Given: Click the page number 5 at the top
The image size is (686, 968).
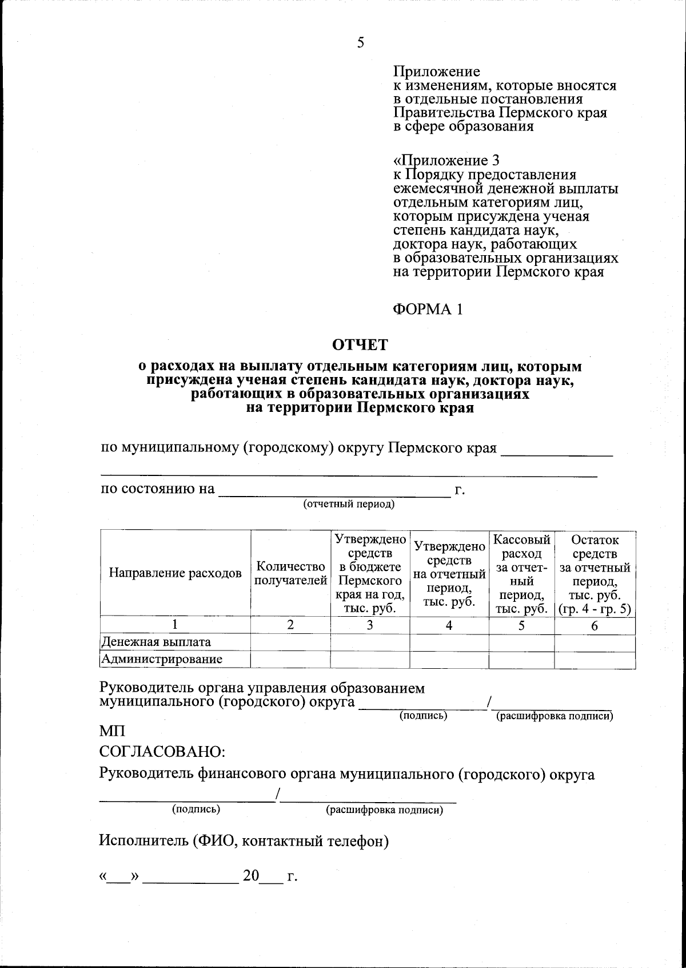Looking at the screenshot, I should (x=360, y=43).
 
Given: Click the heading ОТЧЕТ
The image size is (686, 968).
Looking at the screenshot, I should (x=360, y=345).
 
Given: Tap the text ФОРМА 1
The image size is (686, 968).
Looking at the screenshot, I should (x=428, y=310).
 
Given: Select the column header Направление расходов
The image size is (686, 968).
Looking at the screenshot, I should (x=175, y=573).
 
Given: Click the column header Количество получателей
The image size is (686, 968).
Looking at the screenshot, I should (x=290, y=573).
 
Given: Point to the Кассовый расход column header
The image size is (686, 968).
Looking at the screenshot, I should (x=521, y=573).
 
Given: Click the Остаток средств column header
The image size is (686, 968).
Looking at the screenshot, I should (x=595, y=573).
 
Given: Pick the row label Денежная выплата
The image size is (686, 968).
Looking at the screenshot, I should (x=156, y=642).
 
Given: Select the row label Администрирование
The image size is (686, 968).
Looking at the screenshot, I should (x=162, y=659).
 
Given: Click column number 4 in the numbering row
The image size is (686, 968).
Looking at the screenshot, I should (x=449, y=625).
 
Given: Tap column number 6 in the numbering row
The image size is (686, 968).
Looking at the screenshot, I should (x=595, y=625).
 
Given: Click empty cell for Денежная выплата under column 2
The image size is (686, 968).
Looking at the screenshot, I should (x=290, y=642).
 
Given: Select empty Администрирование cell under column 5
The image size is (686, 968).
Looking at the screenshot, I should (x=521, y=659).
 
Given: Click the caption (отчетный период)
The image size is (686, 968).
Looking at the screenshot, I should (x=349, y=504).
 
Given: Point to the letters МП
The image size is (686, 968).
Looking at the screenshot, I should (x=111, y=731).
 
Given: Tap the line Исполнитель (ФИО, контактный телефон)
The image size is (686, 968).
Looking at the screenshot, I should (x=244, y=841).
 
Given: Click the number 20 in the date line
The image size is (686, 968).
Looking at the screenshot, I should (x=251, y=876).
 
